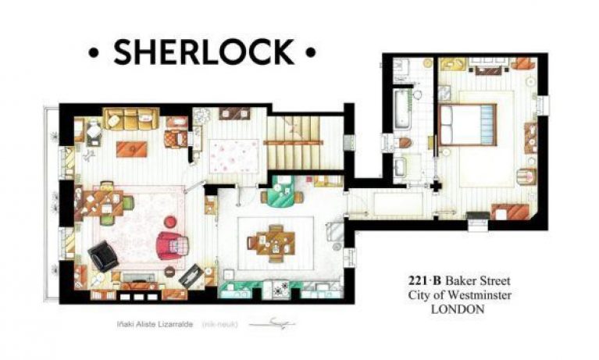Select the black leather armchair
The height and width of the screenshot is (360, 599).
104,254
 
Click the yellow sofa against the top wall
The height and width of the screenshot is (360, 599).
131,118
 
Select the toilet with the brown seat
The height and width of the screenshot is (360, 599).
404,143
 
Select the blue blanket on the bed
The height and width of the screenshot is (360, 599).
482,126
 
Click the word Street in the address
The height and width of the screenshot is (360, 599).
494,280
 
